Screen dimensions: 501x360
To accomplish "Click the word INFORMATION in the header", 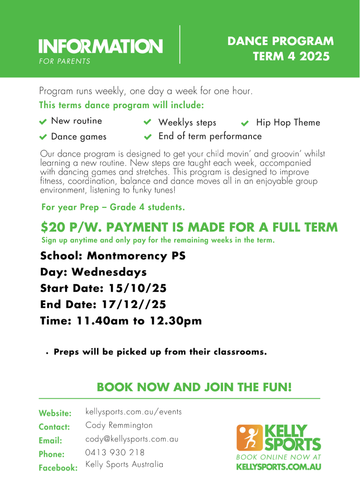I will click(101, 46).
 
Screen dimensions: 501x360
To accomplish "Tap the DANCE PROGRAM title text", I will click(281, 41).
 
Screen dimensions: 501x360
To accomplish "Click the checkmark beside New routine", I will click(43, 121).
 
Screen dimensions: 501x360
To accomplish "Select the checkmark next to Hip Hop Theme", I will click(245, 123).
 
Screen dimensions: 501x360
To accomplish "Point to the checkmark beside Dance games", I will click(43, 137).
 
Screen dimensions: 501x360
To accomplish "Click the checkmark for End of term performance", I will click(147, 137).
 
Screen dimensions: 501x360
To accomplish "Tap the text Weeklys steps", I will click(187, 123).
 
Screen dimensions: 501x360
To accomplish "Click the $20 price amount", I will click(53, 228).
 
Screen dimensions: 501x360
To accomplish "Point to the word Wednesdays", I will click(109, 272).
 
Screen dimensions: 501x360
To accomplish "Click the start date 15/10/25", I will click(138, 288).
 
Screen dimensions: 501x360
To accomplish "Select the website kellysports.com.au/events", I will click(133, 412).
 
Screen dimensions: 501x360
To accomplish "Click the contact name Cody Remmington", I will click(119, 425).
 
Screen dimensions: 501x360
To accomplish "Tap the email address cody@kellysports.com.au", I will click(132, 439).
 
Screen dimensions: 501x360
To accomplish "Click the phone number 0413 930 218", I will click(115, 453).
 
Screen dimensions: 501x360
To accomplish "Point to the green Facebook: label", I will click(58, 468).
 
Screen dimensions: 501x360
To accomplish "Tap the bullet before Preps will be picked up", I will click(48, 353).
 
